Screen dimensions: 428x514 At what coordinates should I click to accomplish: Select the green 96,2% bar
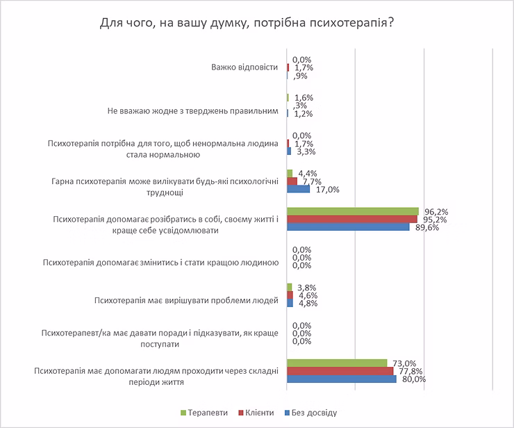352,211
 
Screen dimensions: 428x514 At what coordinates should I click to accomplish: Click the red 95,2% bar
351,219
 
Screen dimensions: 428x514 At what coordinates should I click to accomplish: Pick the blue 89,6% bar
348,227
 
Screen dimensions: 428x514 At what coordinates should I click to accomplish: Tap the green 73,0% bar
336,363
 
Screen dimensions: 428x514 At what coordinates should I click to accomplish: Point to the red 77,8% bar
340,371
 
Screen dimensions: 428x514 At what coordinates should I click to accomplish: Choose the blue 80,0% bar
341,379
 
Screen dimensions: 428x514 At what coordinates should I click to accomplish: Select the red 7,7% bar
292,181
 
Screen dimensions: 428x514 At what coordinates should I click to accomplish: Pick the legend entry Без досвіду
313,412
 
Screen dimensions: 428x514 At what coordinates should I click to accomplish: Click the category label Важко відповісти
244,67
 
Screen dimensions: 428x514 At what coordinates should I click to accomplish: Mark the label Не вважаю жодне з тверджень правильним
193,111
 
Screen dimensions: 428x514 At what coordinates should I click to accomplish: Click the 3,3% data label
303,151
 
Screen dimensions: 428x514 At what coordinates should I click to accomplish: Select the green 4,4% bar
290,173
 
